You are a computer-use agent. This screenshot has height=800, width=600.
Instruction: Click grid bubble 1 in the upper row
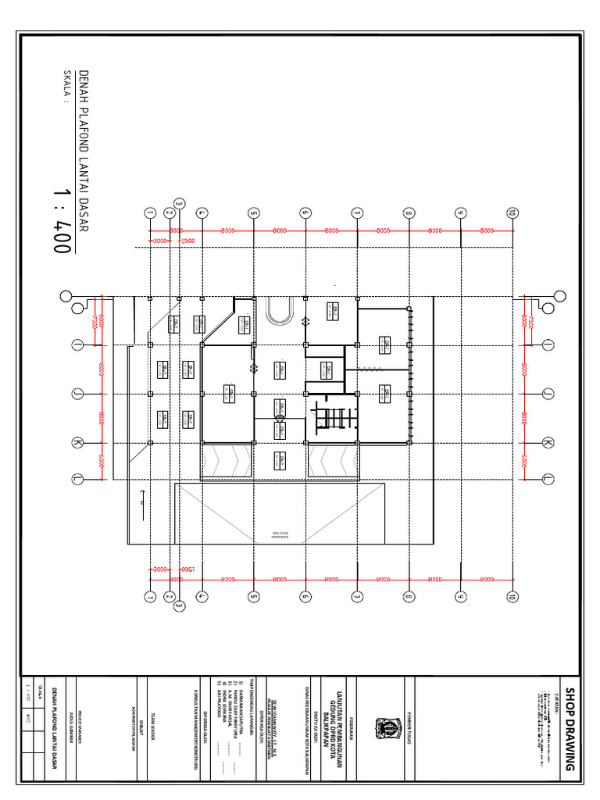pyautogui.click(x=148, y=212)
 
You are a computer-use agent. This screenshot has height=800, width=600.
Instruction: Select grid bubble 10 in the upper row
pyautogui.click(x=512, y=212)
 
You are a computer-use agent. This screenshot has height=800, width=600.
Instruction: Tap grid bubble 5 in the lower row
pyautogui.click(x=253, y=598)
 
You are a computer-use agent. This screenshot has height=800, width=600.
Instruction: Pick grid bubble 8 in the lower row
pyautogui.click(x=408, y=598)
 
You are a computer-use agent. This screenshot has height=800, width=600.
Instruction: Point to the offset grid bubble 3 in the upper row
pyautogui.click(x=179, y=204)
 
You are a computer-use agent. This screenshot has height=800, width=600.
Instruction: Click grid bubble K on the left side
pyautogui.click(x=77, y=444)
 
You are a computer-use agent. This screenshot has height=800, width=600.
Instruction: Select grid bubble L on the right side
pyautogui.click(x=548, y=478)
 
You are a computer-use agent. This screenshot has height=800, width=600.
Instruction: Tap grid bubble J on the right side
pyautogui.click(x=548, y=393)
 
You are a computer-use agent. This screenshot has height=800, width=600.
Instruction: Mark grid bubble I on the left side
pyautogui.click(x=77, y=345)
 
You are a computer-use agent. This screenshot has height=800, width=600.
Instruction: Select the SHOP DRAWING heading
pyautogui.click(x=570, y=729)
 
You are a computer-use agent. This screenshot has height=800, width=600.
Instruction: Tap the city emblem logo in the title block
pyautogui.click(x=385, y=727)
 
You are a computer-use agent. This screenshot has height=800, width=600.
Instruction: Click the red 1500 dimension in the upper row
pyautogui.click(x=187, y=241)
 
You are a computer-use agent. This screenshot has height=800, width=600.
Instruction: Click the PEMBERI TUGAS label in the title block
pyautogui.click(x=408, y=728)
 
